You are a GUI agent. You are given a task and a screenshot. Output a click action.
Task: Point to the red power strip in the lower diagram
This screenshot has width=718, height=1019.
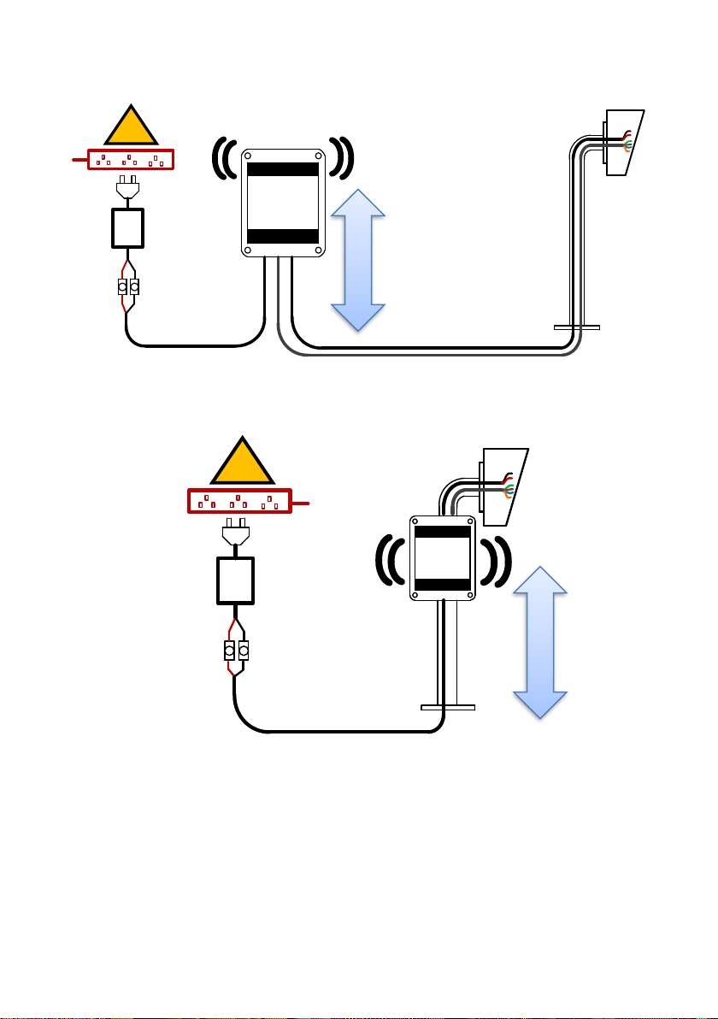coord(239,501)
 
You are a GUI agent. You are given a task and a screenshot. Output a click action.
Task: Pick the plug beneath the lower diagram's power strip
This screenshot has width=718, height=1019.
coord(235,533)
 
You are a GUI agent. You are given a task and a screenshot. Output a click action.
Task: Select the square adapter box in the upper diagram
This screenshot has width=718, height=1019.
coord(127,228)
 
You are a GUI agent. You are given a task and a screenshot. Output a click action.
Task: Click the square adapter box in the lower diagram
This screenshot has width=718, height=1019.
coord(235,582)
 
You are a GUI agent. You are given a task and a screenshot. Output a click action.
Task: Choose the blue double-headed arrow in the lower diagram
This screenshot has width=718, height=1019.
coord(540,641)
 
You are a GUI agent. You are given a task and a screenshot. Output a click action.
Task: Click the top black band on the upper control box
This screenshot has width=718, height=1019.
coord(282,168)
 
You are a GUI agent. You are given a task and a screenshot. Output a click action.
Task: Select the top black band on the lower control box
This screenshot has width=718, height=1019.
coord(442,532)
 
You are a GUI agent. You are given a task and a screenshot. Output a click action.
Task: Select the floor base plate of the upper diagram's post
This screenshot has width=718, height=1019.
coord(576,327)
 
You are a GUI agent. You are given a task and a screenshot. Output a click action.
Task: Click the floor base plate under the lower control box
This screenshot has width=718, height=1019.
coord(448,707)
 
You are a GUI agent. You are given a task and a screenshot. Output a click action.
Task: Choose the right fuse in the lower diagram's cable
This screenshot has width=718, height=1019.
coord(244,652)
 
